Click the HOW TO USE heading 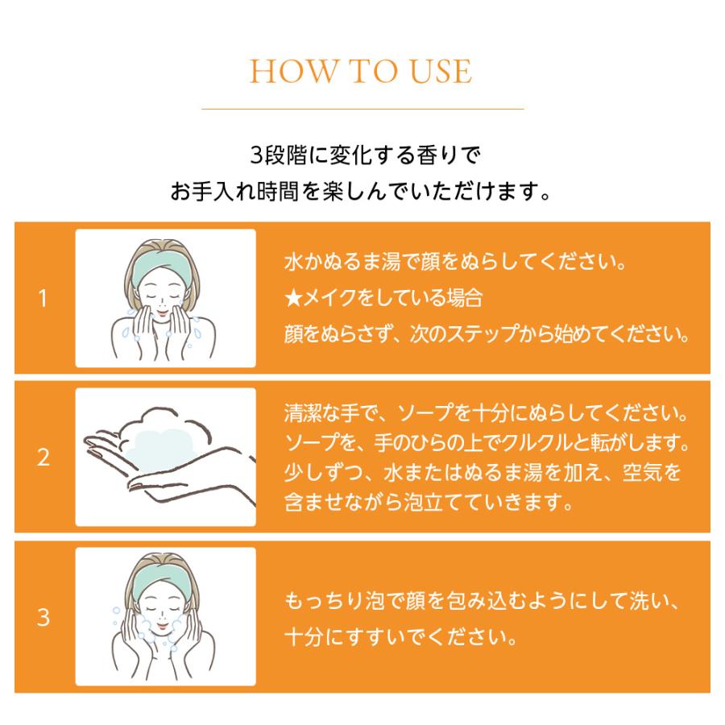(x=361, y=71)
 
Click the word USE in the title (x=441, y=71)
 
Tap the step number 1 (x=43, y=298)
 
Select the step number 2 (x=43, y=458)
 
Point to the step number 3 (x=43, y=617)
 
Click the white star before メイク (x=293, y=298)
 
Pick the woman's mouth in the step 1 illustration (x=162, y=314)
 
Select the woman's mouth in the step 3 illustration (x=162, y=627)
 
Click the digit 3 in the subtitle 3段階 (x=256, y=155)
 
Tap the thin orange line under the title (x=362, y=109)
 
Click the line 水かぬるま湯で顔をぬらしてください (x=455, y=262)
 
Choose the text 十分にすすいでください (x=400, y=636)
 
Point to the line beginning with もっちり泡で (x=482, y=601)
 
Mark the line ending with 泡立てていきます (x=429, y=502)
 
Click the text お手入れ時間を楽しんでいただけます (x=361, y=191)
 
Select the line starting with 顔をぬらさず (x=487, y=333)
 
